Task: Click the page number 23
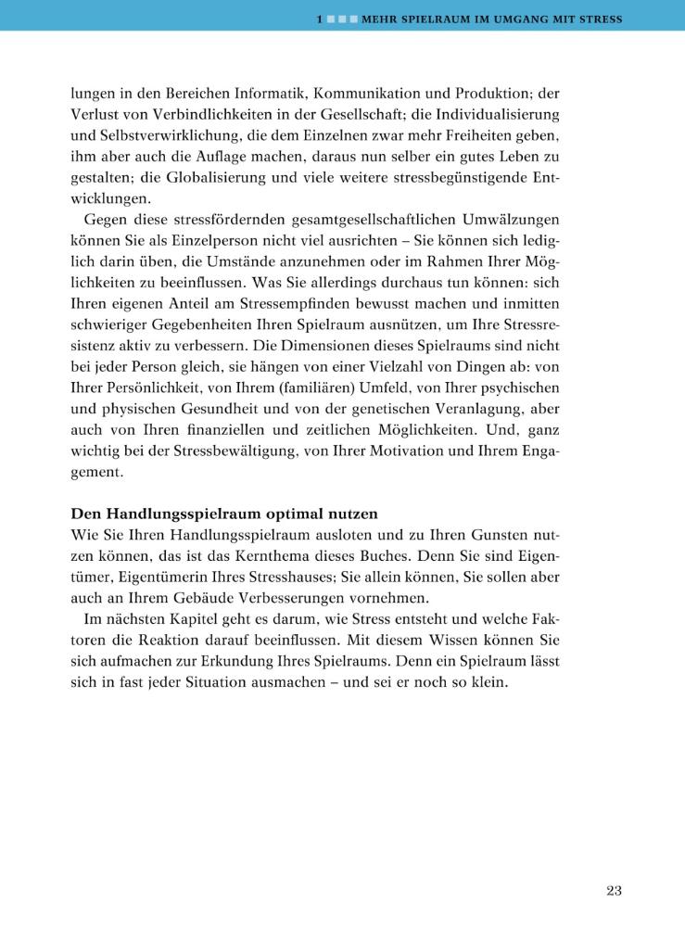614,891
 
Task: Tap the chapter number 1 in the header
318,19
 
